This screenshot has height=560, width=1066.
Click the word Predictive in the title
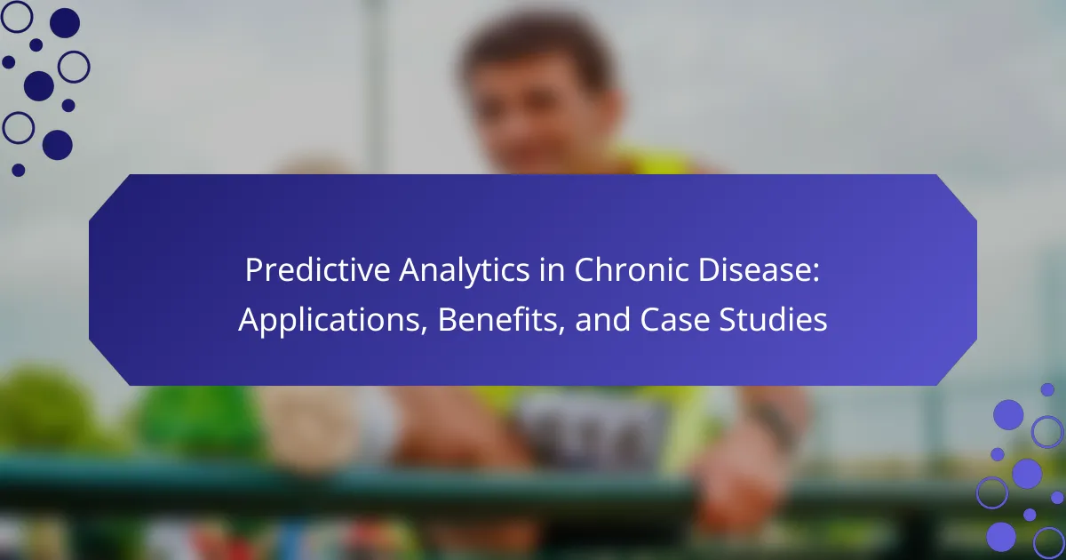318,270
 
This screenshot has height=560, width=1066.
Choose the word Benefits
497,319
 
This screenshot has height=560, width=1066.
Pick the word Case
674,320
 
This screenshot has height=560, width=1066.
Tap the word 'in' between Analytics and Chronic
552,270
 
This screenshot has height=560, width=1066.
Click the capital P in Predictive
254,270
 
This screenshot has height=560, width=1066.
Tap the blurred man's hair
537,43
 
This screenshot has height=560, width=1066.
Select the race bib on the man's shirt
590,428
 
